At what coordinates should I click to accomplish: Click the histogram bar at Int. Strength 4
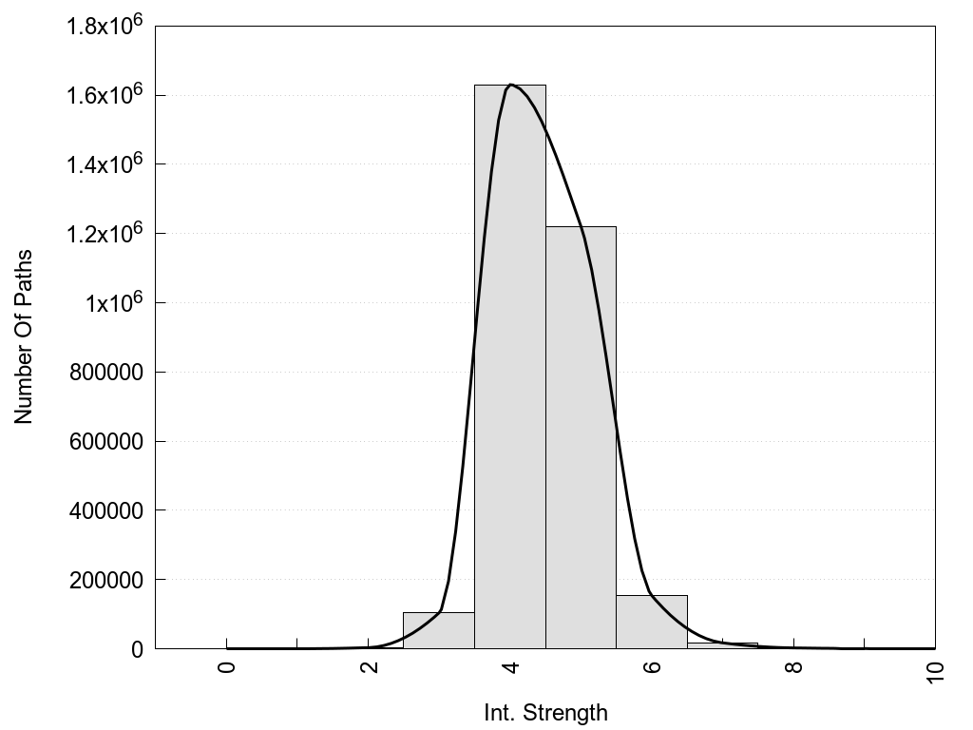click(x=509, y=380)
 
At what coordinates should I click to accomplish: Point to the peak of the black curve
click(x=511, y=85)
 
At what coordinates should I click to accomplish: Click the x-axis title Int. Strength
click(x=545, y=712)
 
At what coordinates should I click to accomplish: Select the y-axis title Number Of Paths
click(x=24, y=336)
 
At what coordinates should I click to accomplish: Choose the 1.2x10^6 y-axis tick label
click(x=104, y=232)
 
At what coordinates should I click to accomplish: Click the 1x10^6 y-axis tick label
click(x=112, y=301)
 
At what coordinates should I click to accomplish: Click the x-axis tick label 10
click(x=936, y=670)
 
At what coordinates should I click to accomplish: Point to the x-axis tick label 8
click(x=794, y=665)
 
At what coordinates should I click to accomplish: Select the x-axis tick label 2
click(x=369, y=665)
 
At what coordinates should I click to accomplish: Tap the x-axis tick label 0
click(x=227, y=665)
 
